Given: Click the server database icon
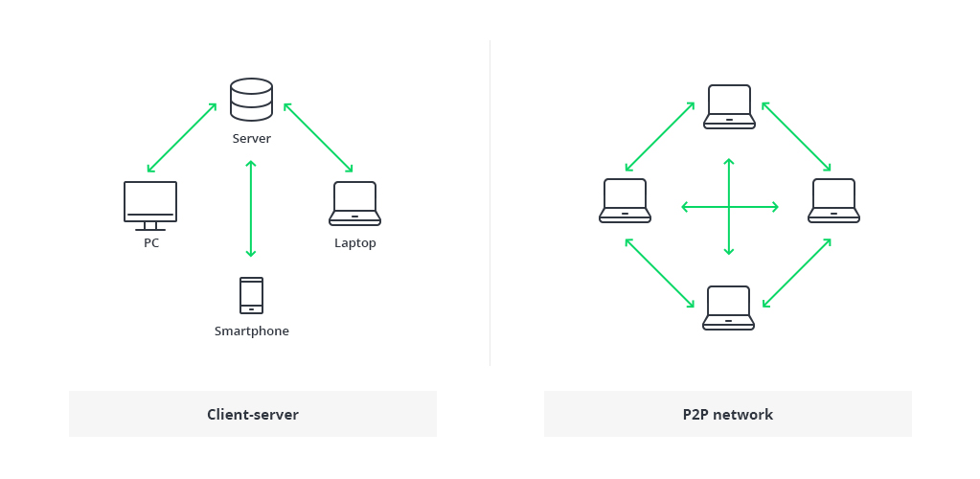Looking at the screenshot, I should click(x=251, y=100).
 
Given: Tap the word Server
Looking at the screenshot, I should click(x=251, y=139).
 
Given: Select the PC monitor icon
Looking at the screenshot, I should click(x=150, y=204).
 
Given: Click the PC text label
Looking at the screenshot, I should click(x=151, y=243).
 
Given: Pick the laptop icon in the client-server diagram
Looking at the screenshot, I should click(x=354, y=203).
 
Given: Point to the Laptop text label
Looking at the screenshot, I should click(x=354, y=243).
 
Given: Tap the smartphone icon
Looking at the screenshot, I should click(x=251, y=295).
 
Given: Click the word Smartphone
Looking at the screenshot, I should click(x=251, y=331).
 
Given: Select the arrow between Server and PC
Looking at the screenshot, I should click(x=182, y=138).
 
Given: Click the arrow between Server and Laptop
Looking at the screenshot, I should click(x=318, y=137).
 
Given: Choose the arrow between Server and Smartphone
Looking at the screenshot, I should click(x=251, y=209).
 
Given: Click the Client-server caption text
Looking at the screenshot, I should click(x=253, y=415).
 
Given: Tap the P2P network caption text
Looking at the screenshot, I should click(x=728, y=415).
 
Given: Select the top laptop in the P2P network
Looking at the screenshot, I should click(x=729, y=106).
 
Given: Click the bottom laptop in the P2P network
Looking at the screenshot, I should click(x=728, y=308).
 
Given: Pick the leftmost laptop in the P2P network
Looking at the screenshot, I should click(x=625, y=200).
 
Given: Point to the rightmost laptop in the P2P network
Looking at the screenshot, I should click(x=833, y=200).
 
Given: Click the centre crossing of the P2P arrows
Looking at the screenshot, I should click(x=729, y=206).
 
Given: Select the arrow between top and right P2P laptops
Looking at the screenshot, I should click(x=796, y=136).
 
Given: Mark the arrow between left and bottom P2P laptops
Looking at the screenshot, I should click(x=660, y=273).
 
